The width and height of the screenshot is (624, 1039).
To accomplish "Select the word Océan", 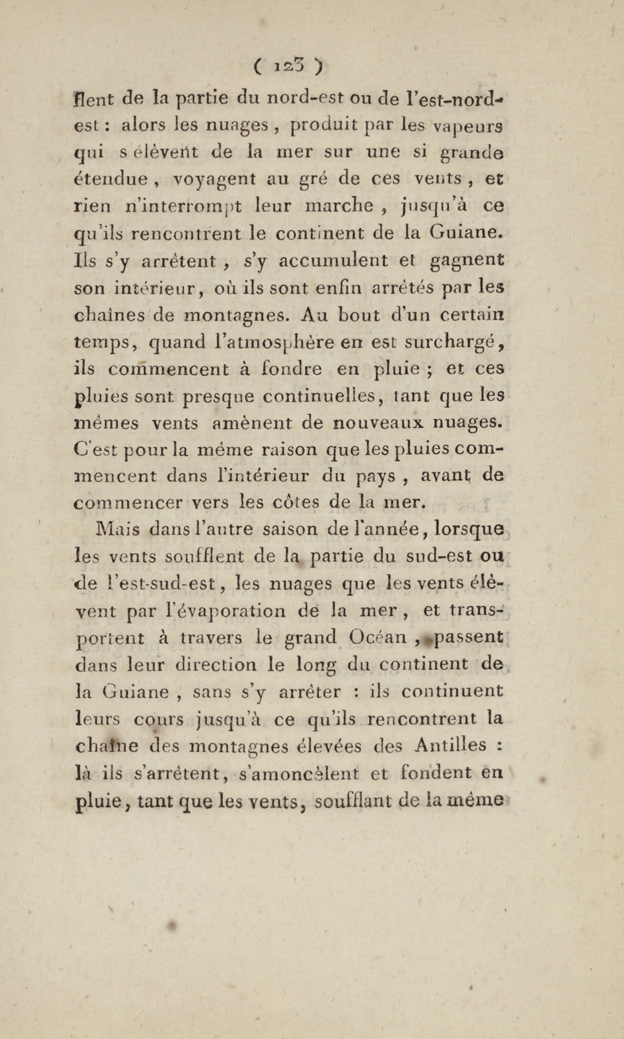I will point(377,638).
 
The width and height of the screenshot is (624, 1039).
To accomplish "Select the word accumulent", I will point(333,261).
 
